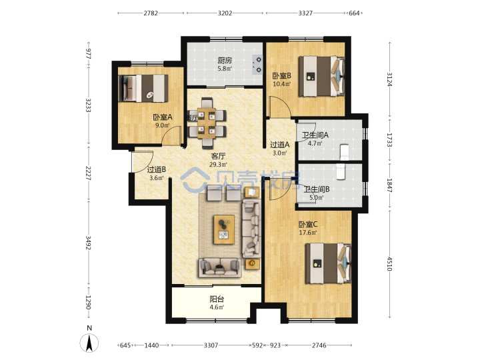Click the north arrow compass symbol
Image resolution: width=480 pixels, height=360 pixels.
click(x=89, y=343)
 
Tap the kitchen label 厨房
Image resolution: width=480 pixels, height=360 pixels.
click(x=225, y=60)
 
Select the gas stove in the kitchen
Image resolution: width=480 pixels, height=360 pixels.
click(x=257, y=65)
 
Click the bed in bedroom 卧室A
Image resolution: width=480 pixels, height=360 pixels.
click(x=143, y=88)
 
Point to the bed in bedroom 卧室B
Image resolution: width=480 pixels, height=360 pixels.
click(x=322, y=76)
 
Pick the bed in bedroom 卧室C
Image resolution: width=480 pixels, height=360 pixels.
click(x=328, y=263)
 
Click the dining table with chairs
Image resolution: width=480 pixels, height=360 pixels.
click(x=207, y=123)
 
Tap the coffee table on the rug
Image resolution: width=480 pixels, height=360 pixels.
click(x=224, y=229)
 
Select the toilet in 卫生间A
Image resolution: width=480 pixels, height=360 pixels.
click(x=345, y=152)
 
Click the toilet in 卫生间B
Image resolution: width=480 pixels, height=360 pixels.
click(x=341, y=171)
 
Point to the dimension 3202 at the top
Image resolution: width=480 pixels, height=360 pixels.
click(x=225, y=13)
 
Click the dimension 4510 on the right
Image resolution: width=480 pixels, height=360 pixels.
click(x=389, y=263)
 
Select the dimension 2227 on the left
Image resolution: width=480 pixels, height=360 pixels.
click(x=89, y=173)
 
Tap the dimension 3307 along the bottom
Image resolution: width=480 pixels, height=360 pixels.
click(x=211, y=345)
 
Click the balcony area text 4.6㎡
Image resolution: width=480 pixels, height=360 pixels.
click(x=217, y=307)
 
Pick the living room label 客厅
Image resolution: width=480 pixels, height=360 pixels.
click(x=218, y=156)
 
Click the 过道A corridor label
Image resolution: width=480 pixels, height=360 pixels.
click(x=280, y=145)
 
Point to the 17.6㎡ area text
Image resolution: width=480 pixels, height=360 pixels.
click(x=308, y=233)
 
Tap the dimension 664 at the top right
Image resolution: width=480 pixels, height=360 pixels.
click(x=354, y=13)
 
